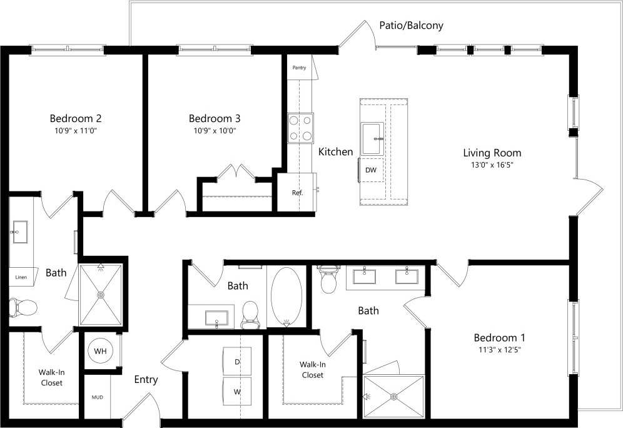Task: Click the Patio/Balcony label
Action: [411, 26]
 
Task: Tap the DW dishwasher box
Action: [371, 170]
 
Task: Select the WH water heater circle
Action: [100, 352]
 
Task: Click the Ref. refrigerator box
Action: [298, 193]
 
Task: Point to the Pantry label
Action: [299, 68]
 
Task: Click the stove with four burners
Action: [300, 128]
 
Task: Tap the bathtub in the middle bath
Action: [286, 296]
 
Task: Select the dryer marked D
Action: [237, 362]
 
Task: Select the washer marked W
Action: [237, 392]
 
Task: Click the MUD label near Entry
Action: [97, 397]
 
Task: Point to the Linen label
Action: [21, 276]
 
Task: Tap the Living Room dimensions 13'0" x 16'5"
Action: [492, 165]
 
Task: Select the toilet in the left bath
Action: [23, 307]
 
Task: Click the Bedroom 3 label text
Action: [215, 118]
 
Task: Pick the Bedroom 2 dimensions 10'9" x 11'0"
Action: [76, 131]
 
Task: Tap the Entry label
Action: [146, 379]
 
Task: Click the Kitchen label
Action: [336, 151]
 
